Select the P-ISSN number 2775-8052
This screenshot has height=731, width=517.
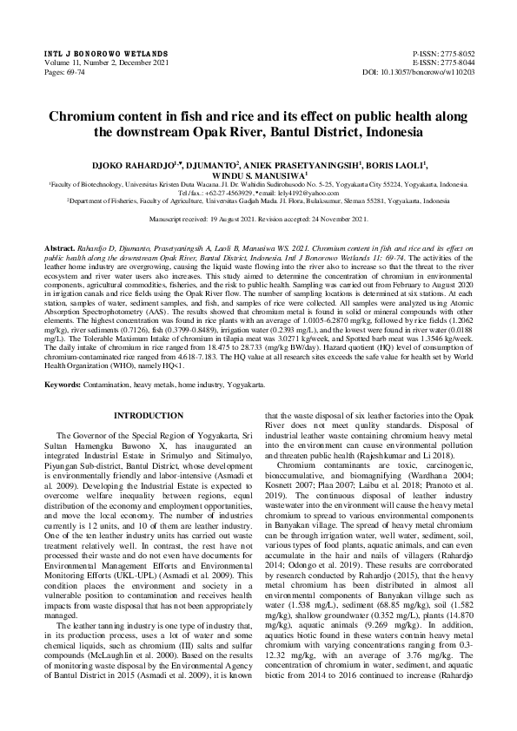pyautogui.click(x=449, y=54)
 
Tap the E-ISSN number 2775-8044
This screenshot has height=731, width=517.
pyautogui.click(x=449, y=63)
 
